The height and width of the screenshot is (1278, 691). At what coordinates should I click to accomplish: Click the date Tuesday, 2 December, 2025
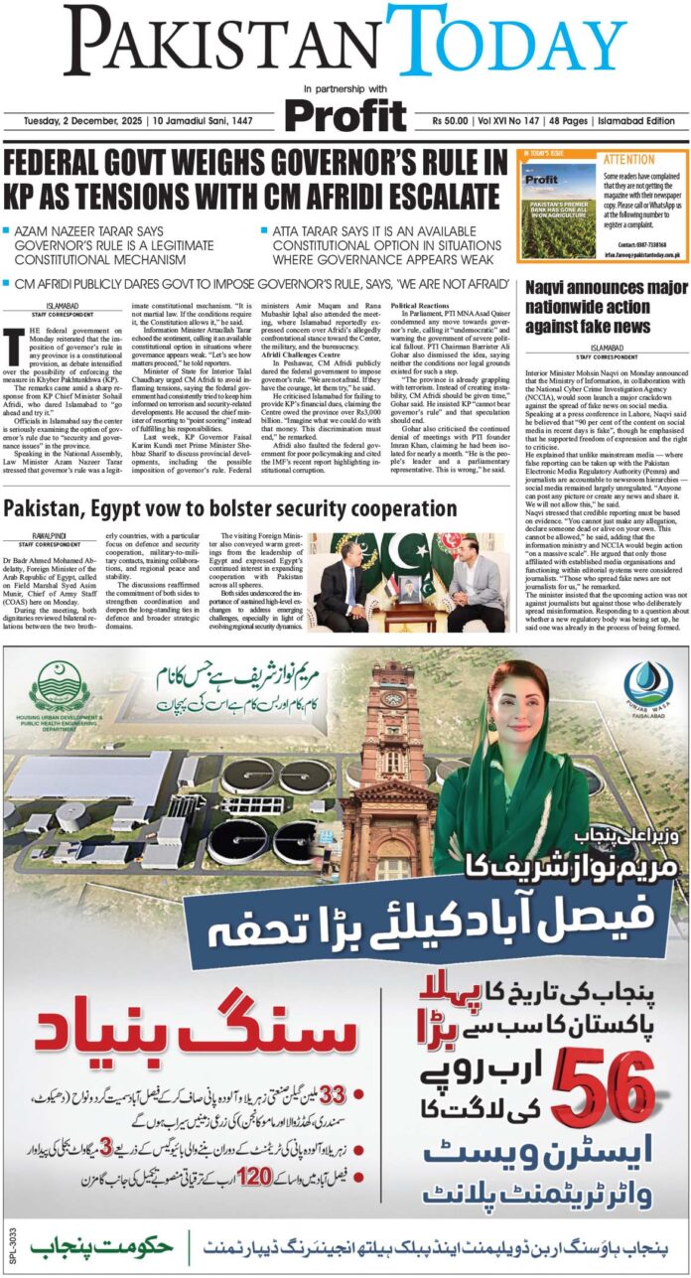pyautogui.click(x=70, y=121)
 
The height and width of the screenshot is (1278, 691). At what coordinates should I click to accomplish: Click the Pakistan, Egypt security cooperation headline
pyautogui.click(x=230, y=510)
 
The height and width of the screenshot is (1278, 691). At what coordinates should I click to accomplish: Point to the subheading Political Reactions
pyautogui.click(x=427, y=306)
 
